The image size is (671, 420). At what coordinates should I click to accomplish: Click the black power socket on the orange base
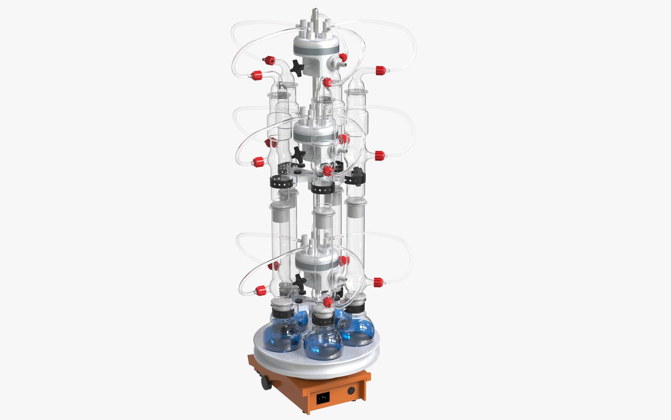coord(323,397)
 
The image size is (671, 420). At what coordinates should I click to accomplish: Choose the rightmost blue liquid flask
coord(356,331)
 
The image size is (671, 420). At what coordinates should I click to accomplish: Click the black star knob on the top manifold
coord(297,68)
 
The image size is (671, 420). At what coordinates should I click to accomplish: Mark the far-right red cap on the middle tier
coord(379,156)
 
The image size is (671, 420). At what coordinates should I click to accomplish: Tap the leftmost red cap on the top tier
coord(256,75)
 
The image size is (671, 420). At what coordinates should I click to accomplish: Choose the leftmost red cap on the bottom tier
coord(261,290)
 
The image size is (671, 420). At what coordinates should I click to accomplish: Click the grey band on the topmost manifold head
coord(316,50)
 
